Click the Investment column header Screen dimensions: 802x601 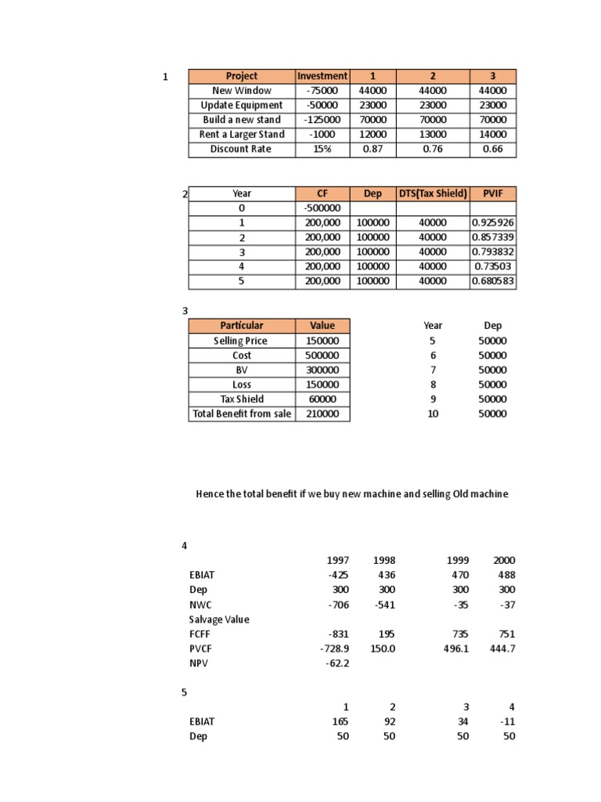coord(322,76)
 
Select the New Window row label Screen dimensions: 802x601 coord(241,91)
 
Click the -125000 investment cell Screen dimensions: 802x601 coord(322,120)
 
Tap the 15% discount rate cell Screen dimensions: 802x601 coord(322,149)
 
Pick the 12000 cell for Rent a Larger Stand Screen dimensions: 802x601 coord(372,135)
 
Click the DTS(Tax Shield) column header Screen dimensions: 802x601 coord(433,193)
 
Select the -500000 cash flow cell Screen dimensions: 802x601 coord(322,208)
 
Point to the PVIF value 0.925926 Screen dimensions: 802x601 coord(493,223)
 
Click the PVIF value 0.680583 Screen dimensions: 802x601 coord(493,281)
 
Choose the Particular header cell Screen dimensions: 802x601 coord(241,326)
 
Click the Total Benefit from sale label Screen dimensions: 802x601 coord(241,414)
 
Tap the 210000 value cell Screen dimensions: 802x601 coord(322,414)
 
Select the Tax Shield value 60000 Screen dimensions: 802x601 coord(322,399)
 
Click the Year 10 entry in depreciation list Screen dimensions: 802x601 coord(433,414)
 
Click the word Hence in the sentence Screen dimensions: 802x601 coord(209,494)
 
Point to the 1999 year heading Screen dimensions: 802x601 coord(458,561)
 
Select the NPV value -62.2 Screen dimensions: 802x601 coord(336,663)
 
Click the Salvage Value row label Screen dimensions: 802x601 coord(219,620)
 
